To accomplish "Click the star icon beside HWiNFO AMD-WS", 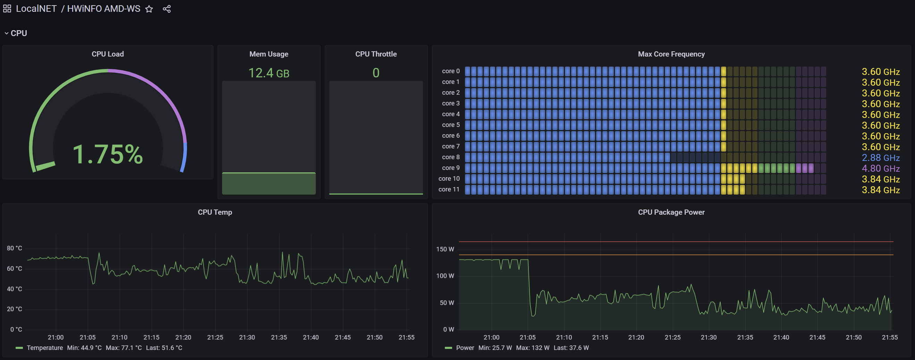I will tap(149, 9).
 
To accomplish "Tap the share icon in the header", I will tap(167, 9).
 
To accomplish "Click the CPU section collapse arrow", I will tap(6, 33).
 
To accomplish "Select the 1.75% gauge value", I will tap(108, 154).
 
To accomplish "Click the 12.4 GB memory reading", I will tap(269, 73).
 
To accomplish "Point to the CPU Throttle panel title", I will tap(376, 54).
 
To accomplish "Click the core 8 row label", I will tap(450, 157).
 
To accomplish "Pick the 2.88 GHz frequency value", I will tap(880, 158).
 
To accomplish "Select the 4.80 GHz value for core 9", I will tap(880, 168).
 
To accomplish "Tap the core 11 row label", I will tap(449, 189).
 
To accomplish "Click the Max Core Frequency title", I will tap(671, 54).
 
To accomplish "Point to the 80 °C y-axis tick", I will tap(15, 248).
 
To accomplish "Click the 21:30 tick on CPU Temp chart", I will tap(247, 337).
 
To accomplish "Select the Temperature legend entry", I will tap(44, 348).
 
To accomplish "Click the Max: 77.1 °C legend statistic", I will tap(124, 348).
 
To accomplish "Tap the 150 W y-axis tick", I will tap(445, 249).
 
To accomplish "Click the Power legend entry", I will tap(465, 348).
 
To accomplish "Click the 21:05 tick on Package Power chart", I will tap(527, 337).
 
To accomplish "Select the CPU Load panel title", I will tap(108, 54).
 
